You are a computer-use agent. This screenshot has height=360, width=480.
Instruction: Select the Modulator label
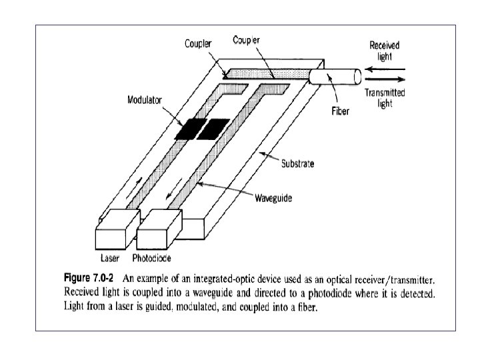point(145,101)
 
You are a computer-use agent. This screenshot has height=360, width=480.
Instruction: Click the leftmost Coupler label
point(198,45)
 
